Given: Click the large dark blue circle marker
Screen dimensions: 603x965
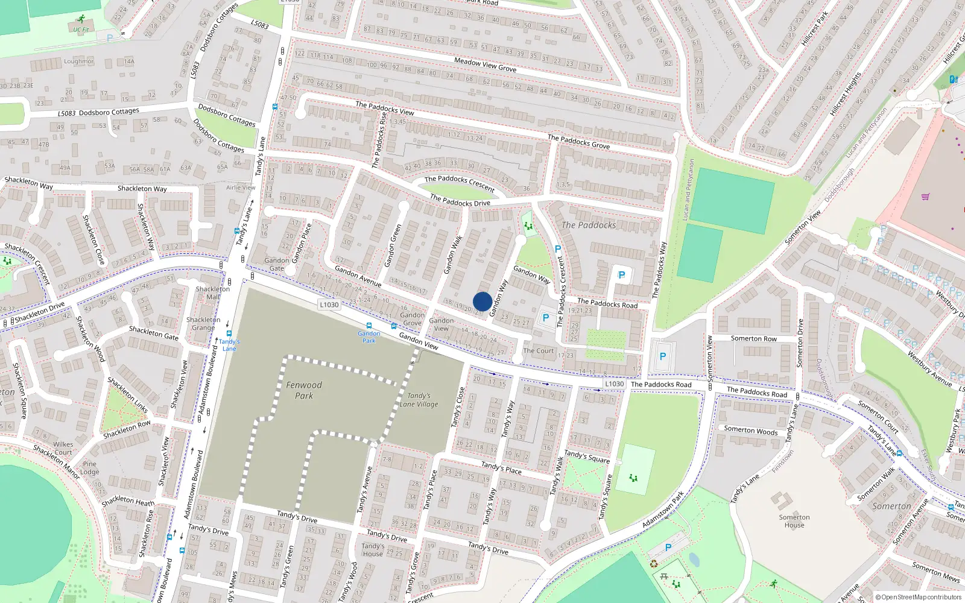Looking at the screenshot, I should (482, 301).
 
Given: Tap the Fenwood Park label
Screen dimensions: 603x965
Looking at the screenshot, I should (304, 390).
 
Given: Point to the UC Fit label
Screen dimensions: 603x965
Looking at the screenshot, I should (81, 29).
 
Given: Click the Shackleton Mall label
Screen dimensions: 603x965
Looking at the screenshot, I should (213, 292).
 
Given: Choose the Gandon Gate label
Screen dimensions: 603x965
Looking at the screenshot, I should (277, 264).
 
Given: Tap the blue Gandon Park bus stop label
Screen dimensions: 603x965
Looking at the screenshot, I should (369, 336).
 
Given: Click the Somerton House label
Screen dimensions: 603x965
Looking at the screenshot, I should (794, 521).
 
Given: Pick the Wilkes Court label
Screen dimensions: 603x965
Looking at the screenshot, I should (63, 448).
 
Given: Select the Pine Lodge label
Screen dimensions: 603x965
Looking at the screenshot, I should (90, 468).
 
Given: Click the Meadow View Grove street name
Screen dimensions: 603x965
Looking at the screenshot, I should (485, 65).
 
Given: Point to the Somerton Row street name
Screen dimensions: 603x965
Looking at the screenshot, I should (753, 339).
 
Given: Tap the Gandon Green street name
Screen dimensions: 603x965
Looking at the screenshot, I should (393, 245).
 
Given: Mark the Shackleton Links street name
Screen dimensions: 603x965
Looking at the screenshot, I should (127, 395).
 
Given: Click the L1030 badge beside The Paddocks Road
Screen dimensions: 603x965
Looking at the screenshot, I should (615, 384).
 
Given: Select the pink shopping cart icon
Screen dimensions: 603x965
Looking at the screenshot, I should (925, 196).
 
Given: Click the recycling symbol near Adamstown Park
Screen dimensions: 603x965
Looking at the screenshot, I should (654, 564).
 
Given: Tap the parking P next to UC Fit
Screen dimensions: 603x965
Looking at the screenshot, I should (110, 37).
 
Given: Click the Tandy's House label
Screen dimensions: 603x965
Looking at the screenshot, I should (373, 550).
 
